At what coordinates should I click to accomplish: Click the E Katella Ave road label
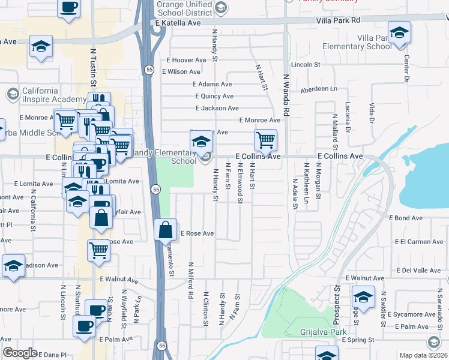(177, 22)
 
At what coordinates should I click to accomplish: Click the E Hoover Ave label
(186, 60)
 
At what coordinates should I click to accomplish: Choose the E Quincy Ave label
(214, 96)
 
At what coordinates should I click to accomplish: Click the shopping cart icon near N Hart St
(265, 140)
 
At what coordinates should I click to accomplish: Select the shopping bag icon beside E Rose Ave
(165, 230)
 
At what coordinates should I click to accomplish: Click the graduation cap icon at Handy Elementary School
(201, 142)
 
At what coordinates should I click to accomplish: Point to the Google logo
(20, 353)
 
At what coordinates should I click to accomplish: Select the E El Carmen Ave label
(419, 242)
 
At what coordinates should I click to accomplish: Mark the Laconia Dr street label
(348, 117)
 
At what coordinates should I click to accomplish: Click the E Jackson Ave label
(217, 108)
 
